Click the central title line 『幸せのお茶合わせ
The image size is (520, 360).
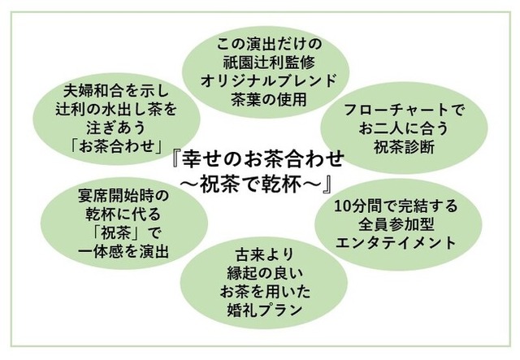point(258,159)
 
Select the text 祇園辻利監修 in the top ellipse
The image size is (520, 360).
point(269,63)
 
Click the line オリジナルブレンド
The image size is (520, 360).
point(269,81)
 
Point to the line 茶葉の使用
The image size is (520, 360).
point(269,99)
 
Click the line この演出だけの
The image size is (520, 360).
point(269,44)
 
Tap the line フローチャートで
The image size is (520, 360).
point(404,111)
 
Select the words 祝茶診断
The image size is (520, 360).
point(405,147)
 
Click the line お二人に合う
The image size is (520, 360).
point(404,128)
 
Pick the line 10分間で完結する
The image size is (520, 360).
point(396,206)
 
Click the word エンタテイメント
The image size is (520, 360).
point(396,243)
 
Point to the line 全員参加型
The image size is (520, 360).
point(396,225)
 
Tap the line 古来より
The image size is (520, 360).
point(264,255)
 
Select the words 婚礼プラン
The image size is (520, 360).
point(264,310)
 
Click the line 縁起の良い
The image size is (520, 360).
point(265,273)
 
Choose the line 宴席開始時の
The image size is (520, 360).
point(123,196)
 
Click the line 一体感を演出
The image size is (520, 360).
point(123,251)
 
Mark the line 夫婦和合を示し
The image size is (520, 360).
point(116,91)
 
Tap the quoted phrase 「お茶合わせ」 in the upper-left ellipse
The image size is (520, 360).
point(117,146)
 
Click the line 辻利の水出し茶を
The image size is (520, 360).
point(116,110)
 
